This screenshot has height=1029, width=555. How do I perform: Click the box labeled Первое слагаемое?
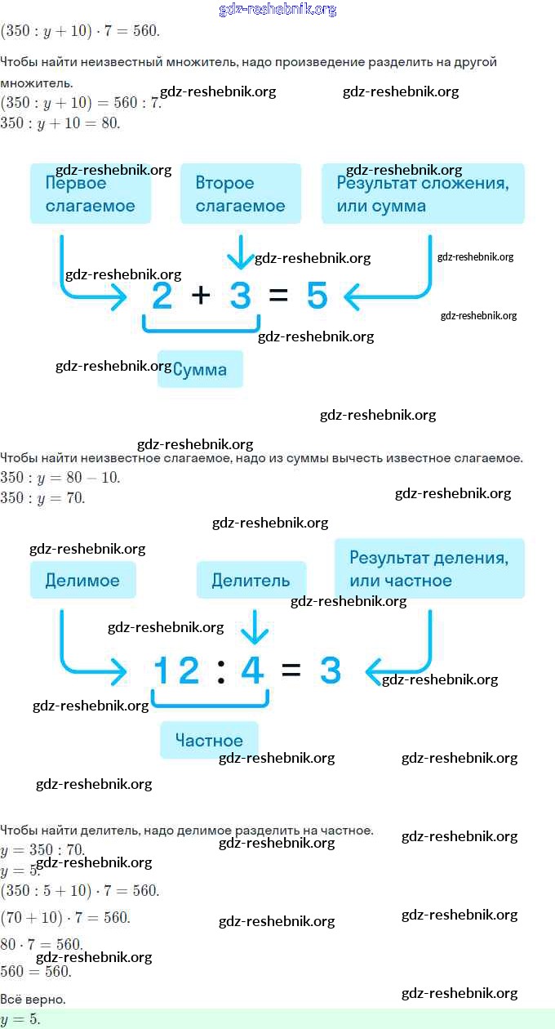point(91,194)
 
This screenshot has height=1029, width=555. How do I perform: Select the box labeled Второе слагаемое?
point(241,194)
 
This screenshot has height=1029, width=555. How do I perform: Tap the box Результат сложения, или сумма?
point(423,194)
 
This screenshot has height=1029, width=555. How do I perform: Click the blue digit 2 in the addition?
point(162,296)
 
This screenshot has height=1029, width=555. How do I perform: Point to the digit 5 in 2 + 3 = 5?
point(317,296)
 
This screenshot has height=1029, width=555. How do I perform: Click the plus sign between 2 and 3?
point(200,296)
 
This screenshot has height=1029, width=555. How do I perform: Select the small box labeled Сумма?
point(200,370)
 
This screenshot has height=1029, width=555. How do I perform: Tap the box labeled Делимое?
point(82,581)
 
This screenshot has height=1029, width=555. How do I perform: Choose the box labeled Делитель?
point(251,581)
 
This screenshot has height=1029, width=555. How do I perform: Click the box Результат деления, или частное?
point(429,568)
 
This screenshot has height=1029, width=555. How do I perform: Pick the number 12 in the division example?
point(177,670)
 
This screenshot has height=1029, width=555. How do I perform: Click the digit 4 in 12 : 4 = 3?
point(252,670)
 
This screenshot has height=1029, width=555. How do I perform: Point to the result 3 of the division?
point(330,670)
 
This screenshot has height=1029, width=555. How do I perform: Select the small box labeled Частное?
point(209,741)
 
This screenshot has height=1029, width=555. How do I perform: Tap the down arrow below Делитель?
point(255,627)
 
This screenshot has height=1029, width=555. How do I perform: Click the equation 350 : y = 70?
point(42,497)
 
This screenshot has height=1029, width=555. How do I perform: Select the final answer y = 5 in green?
point(20,1019)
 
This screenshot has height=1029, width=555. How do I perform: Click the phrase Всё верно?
point(33,999)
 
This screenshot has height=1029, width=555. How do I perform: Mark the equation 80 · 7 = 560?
point(42,944)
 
